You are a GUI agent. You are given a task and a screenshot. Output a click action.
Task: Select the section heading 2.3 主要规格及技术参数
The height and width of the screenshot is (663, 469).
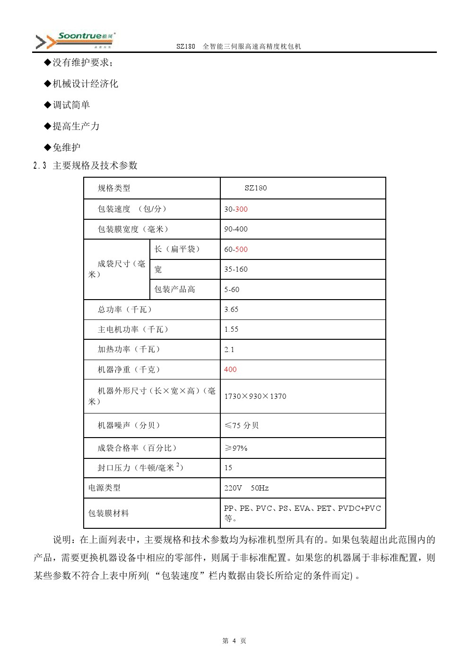[x=86, y=165]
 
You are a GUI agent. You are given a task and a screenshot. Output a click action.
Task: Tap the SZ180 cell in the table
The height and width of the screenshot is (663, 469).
[x=256, y=188]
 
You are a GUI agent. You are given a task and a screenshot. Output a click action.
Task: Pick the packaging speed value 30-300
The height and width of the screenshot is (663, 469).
[x=236, y=209]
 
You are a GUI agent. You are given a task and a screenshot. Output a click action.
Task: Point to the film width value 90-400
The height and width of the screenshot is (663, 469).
[x=236, y=229]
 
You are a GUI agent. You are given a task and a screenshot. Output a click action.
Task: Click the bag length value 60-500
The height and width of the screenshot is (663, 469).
[x=236, y=250]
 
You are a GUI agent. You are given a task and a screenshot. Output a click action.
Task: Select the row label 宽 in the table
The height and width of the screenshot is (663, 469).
[x=158, y=269]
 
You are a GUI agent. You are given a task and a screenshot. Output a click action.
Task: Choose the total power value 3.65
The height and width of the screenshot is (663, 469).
[x=231, y=310]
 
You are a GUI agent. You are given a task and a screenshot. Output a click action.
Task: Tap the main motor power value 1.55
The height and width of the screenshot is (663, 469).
[x=231, y=329]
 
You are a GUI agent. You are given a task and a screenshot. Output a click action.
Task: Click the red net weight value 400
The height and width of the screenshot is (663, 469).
[x=230, y=370]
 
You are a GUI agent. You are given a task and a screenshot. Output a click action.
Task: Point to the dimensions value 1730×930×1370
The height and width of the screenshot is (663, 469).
[x=255, y=396]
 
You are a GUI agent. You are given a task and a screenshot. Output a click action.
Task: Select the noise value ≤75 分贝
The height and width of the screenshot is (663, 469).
[x=242, y=425]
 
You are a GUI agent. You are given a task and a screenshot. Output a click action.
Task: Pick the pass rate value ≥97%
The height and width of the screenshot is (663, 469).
[x=236, y=448]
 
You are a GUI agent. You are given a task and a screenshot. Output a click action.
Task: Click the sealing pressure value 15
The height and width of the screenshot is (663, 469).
[x=228, y=468]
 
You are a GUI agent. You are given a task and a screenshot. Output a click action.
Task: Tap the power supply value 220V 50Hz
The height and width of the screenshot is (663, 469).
[x=246, y=488]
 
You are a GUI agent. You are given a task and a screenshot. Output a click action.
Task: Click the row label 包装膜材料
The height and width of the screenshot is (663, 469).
[x=109, y=513]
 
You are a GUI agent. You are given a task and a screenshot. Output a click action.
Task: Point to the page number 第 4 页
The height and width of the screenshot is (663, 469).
[x=234, y=641]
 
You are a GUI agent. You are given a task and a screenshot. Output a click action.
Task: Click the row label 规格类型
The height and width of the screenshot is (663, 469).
[x=114, y=188]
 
